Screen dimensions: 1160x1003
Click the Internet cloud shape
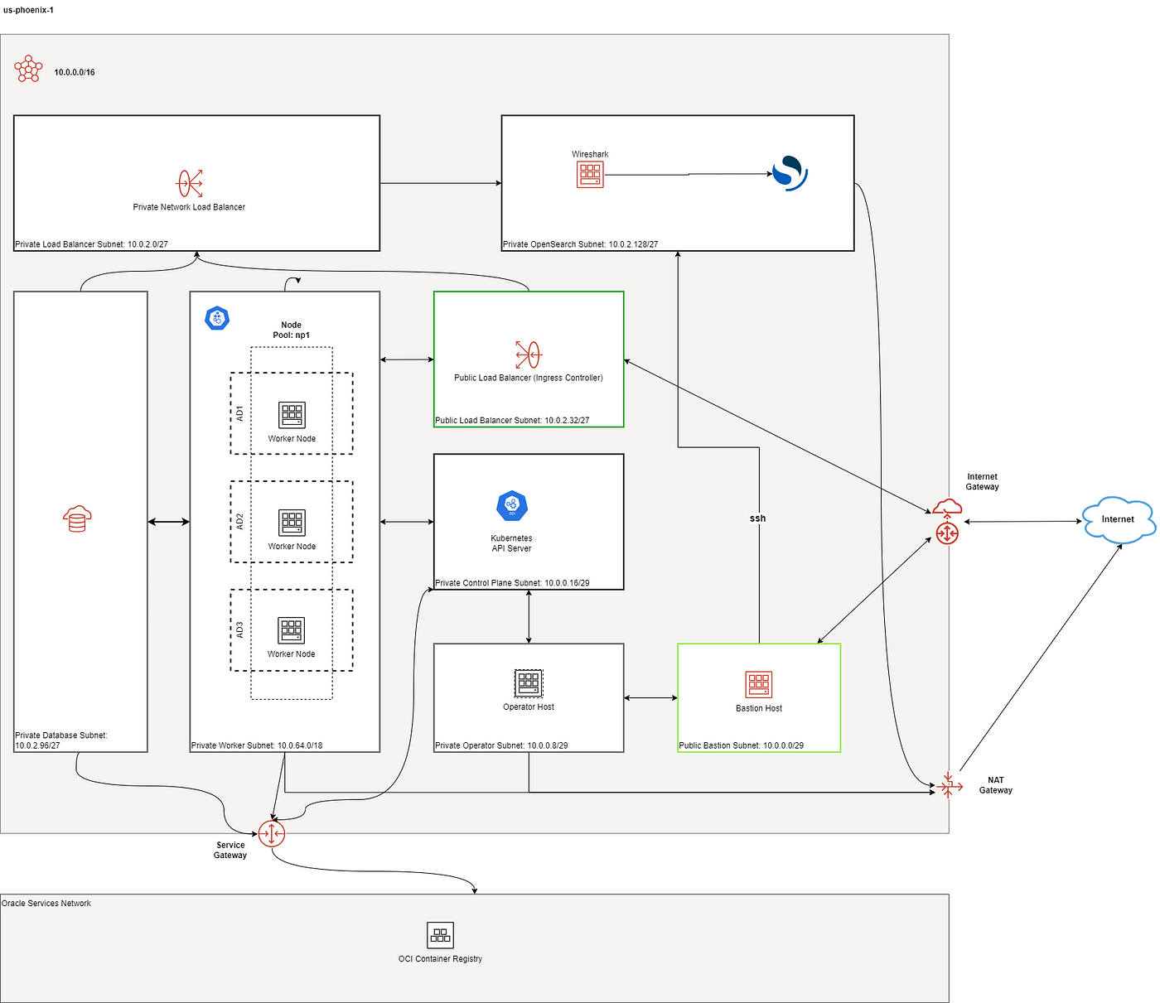(x=1118, y=519)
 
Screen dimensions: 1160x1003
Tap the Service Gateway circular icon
(x=272, y=833)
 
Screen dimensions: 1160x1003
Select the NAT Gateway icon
(x=949, y=786)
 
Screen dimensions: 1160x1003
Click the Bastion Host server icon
(x=759, y=684)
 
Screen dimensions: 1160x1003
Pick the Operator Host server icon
(x=528, y=683)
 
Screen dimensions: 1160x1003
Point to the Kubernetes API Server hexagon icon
(x=512, y=505)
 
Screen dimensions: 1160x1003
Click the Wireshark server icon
(x=590, y=175)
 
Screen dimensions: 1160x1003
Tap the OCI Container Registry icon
(x=440, y=935)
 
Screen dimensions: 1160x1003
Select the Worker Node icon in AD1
(x=292, y=415)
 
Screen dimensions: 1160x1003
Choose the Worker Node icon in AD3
(x=292, y=630)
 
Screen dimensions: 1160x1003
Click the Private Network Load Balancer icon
(x=189, y=183)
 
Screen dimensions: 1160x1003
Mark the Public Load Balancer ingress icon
(x=528, y=354)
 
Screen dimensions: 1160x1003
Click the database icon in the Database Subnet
(x=77, y=518)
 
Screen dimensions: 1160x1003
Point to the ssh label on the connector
(x=757, y=518)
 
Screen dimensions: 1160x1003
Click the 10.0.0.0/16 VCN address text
(x=75, y=72)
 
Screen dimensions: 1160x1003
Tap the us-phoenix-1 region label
(x=29, y=10)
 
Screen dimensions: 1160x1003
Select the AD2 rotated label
(x=239, y=522)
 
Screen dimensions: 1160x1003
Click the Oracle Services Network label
(x=46, y=903)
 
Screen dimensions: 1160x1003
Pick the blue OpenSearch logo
(x=790, y=173)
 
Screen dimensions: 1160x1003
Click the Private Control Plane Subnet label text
(x=512, y=583)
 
